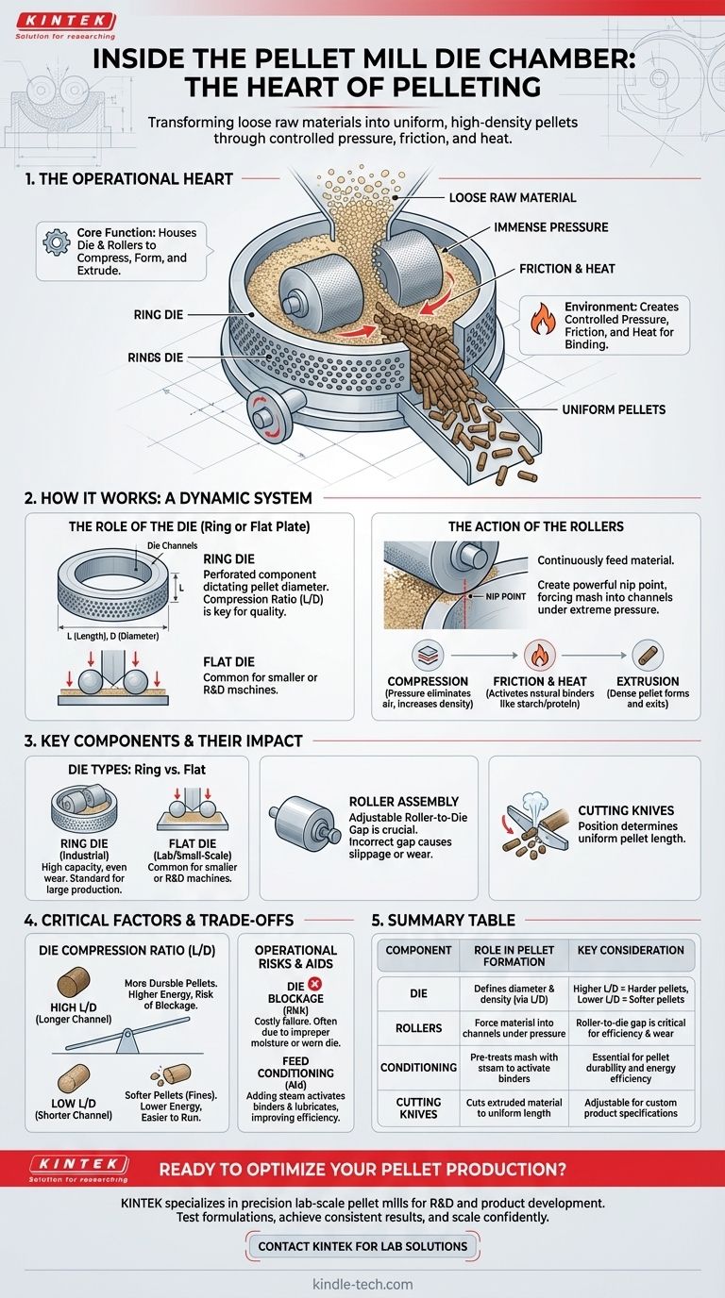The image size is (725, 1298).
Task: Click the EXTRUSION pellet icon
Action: [648, 655]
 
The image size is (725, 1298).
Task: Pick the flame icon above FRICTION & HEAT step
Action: [537, 655]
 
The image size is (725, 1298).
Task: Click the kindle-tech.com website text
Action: [362, 1284]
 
